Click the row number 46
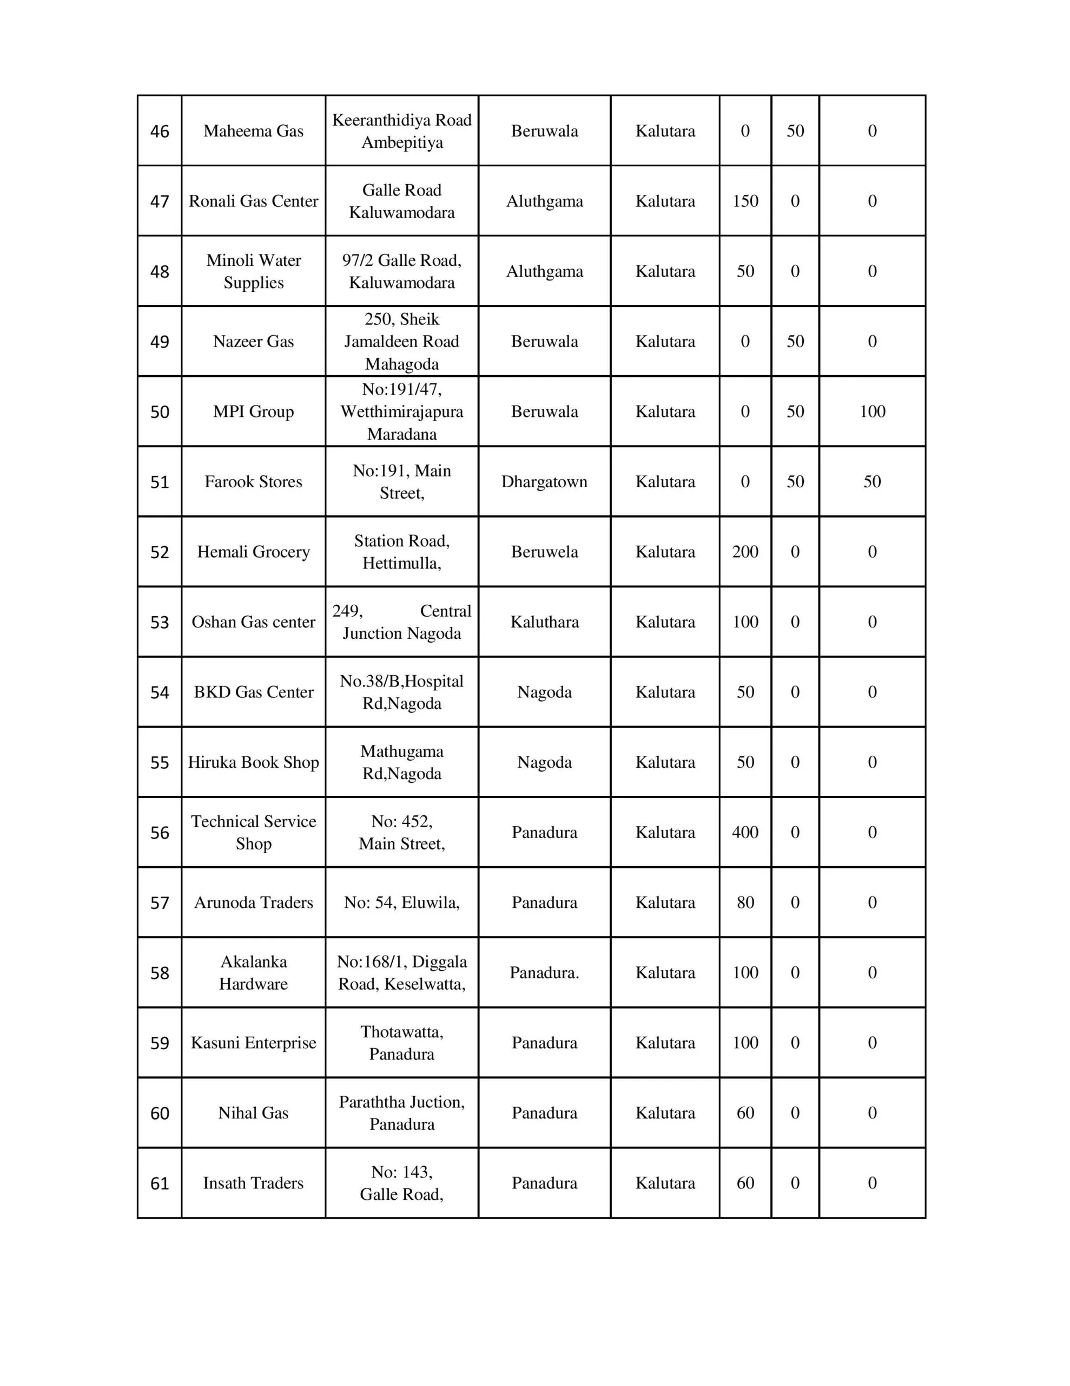(x=159, y=132)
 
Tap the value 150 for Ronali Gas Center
(x=745, y=201)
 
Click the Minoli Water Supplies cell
(x=253, y=271)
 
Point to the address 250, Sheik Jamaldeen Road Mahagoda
(x=401, y=342)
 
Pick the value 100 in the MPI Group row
(x=871, y=411)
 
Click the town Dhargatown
(x=544, y=482)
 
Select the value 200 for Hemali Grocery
(x=745, y=552)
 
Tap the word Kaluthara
(x=544, y=622)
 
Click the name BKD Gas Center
(x=253, y=692)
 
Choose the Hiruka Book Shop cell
(x=253, y=762)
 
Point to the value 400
(x=745, y=832)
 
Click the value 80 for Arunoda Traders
(x=745, y=903)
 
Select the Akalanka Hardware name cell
(x=253, y=972)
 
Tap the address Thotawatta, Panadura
(x=401, y=1043)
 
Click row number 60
(x=159, y=1113)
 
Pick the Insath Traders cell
(x=253, y=1183)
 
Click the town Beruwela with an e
(x=544, y=552)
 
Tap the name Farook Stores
(x=253, y=482)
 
